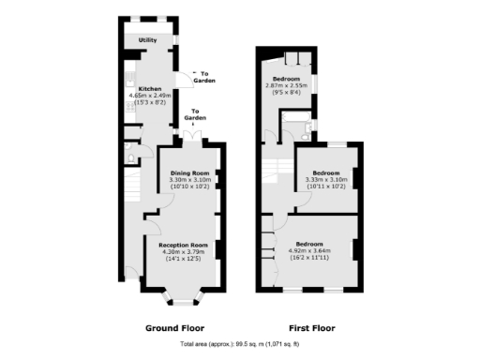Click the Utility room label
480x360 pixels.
coord(148,41)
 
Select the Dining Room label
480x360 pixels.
coord(188,173)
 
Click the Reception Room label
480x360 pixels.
coord(182,243)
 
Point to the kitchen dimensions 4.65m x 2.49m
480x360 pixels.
coord(152,95)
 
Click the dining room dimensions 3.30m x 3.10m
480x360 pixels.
coord(188,180)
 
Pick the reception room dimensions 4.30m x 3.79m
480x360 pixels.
coord(182,250)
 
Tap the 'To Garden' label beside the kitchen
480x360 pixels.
coord(204,77)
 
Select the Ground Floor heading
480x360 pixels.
coord(174,329)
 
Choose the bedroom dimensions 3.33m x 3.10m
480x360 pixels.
coord(325,180)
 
